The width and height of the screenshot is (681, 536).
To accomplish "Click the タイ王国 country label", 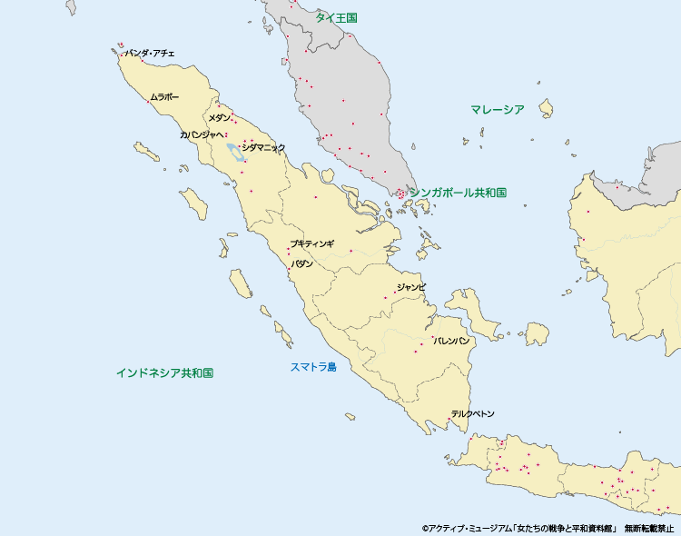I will (336, 17).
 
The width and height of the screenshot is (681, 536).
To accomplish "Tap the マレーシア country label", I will (497, 110).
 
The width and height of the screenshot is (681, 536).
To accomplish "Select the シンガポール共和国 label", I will (458, 193).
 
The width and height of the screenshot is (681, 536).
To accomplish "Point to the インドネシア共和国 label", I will (164, 372).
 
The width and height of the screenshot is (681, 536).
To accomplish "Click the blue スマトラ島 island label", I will (313, 367).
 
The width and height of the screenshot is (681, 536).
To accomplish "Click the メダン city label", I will (219, 118).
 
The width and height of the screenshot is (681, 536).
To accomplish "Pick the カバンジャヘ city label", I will (202, 134).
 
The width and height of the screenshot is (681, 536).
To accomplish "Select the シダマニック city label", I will (263, 147).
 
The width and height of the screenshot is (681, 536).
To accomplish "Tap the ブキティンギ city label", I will (311, 243).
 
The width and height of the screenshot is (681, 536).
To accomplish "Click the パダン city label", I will (301, 263).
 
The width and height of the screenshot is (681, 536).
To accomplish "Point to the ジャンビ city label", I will (410, 287).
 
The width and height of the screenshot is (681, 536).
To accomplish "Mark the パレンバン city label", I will (451, 341).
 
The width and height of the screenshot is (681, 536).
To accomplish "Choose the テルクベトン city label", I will (473, 413).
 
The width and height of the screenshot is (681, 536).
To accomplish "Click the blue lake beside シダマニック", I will (235, 152).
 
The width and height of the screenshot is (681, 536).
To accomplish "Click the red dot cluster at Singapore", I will (400, 193).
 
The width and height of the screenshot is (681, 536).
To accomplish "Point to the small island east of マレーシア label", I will (547, 110).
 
